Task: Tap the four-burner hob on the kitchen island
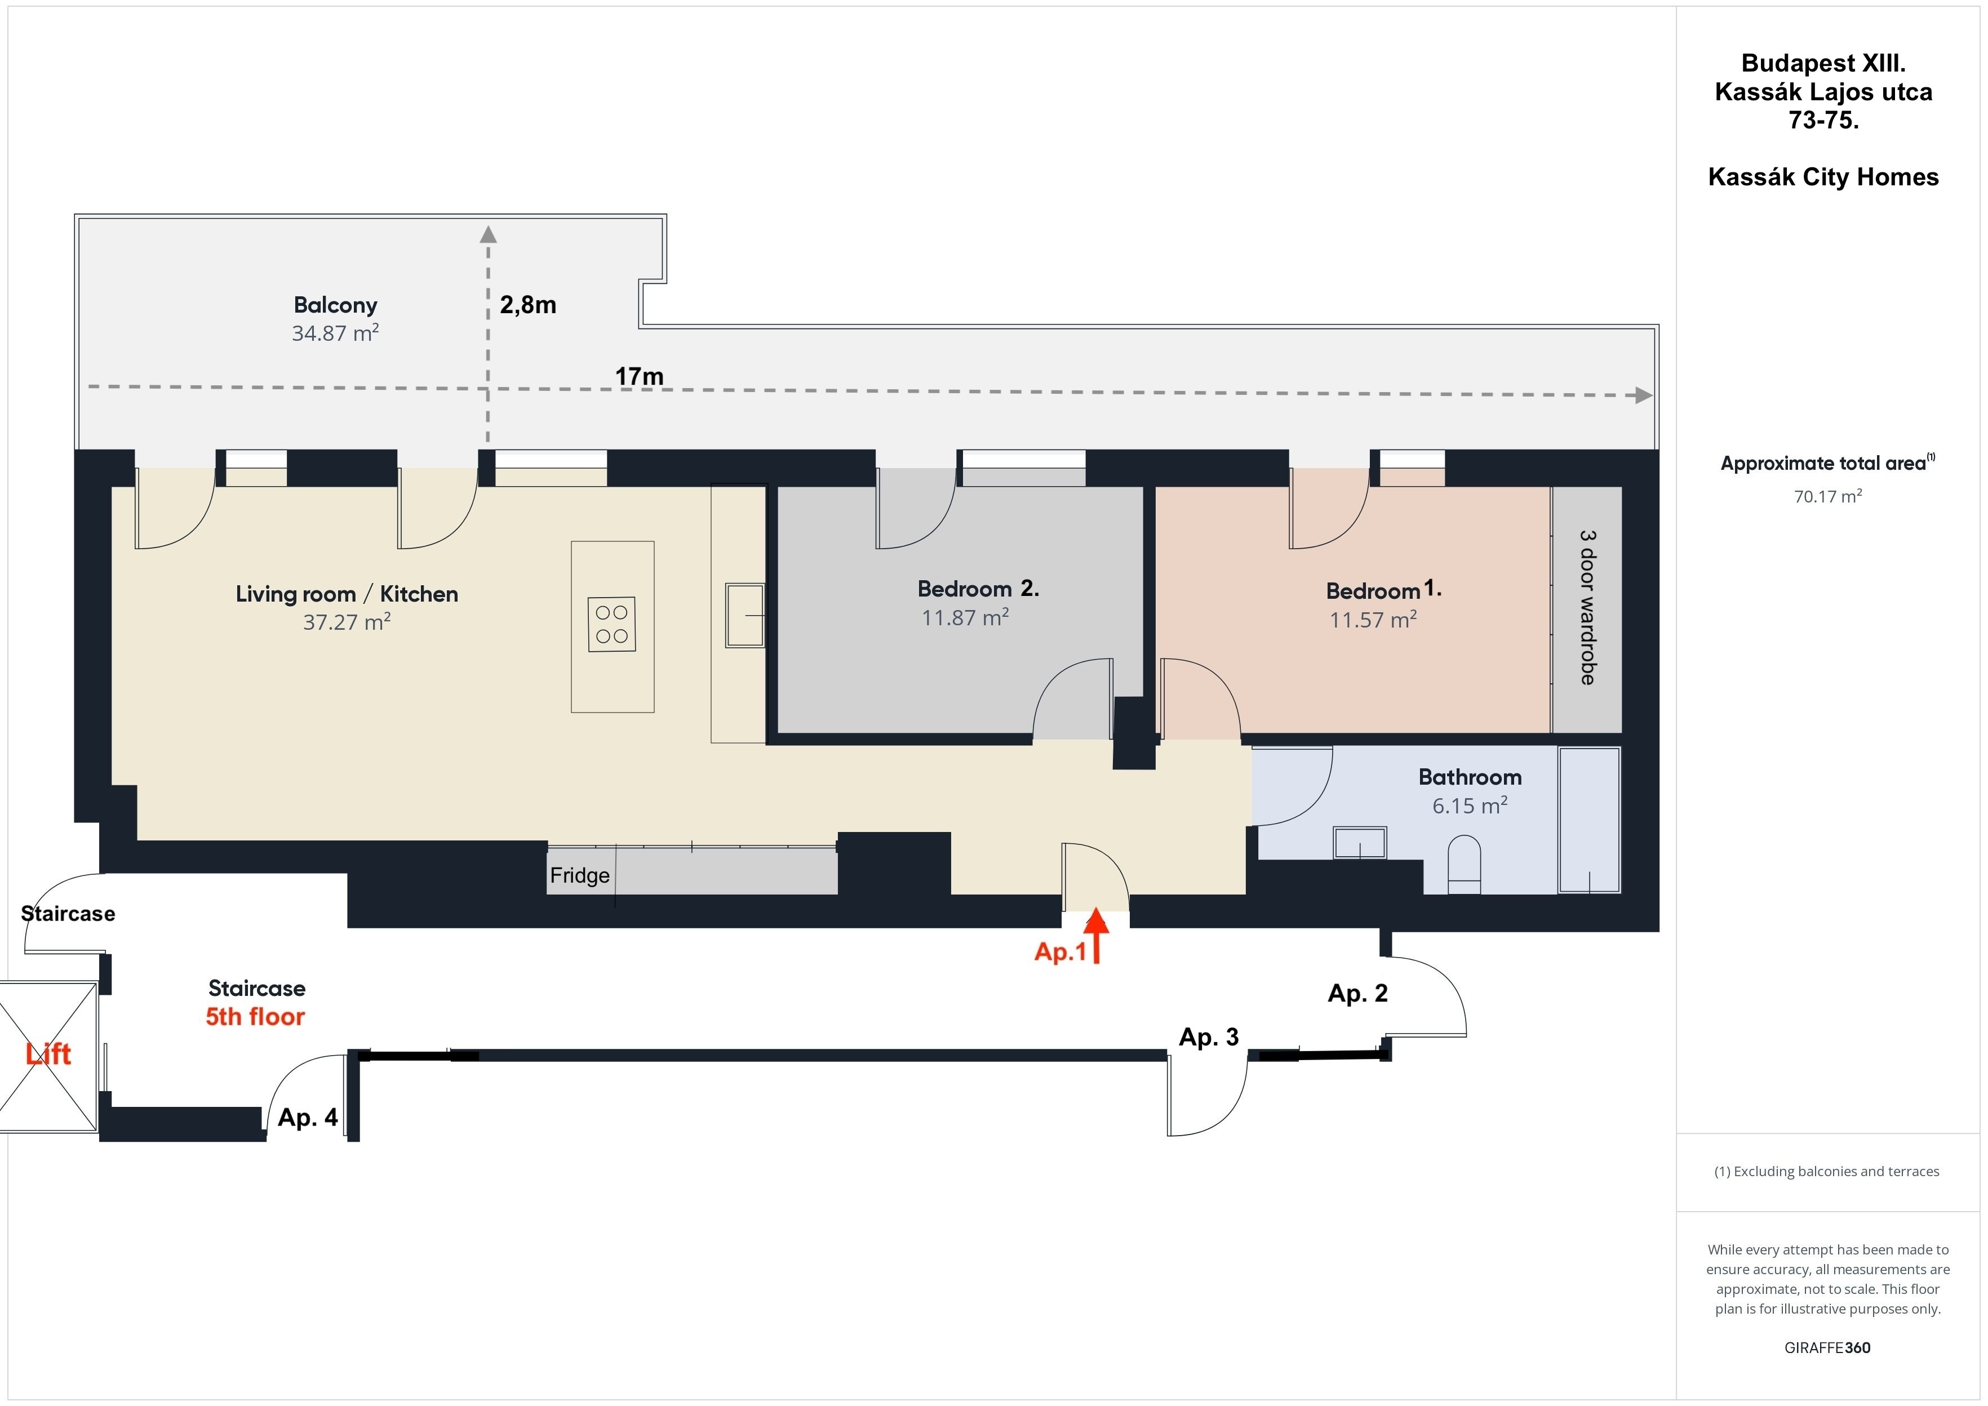click(x=611, y=624)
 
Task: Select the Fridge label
click(x=580, y=875)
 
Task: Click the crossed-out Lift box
click(x=48, y=1056)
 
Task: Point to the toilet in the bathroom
click(x=1464, y=864)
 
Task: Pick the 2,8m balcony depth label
click(x=528, y=305)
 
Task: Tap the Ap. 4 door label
click(x=307, y=1118)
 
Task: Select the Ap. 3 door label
click(x=1209, y=1036)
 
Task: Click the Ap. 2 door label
click(x=1357, y=993)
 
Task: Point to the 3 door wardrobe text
click(x=1587, y=608)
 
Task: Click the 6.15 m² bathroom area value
click(x=1470, y=805)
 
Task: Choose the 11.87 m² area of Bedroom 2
click(x=965, y=617)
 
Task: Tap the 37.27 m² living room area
click(x=347, y=622)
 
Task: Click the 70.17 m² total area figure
click(x=1827, y=496)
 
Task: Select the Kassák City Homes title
click(x=1823, y=177)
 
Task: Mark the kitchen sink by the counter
click(x=744, y=616)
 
